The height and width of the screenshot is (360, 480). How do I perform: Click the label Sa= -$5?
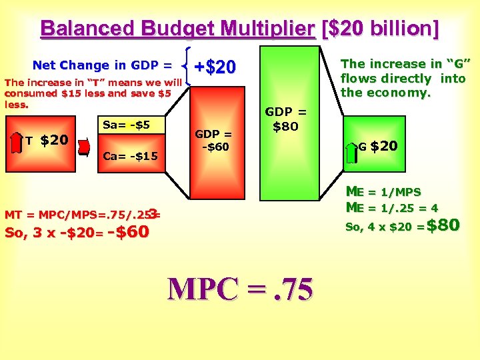126,125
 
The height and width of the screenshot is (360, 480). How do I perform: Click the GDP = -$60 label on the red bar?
215,141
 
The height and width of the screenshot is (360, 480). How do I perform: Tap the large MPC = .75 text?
240,289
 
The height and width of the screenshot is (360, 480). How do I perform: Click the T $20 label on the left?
47,140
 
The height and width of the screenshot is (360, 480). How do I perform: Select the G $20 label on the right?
379,145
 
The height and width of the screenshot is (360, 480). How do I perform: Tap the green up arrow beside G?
351,153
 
